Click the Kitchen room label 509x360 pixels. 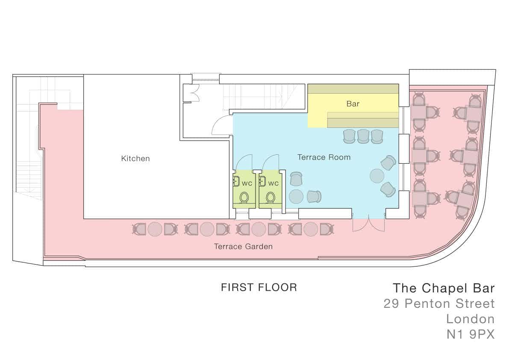point(135,159)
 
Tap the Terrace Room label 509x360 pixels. point(324,157)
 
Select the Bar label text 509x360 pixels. point(353,104)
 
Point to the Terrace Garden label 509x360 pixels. point(243,246)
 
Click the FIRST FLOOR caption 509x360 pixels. point(259,287)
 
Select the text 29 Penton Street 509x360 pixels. point(439,304)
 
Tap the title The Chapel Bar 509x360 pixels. point(444,288)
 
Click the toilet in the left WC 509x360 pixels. point(244,197)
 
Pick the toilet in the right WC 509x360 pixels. point(270,197)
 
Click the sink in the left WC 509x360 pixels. point(236,181)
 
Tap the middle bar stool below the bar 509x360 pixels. point(363,136)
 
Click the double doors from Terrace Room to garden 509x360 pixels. point(369,224)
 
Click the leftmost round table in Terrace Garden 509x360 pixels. point(155,229)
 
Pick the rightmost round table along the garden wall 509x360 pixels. point(311,229)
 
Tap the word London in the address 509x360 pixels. point(471,319)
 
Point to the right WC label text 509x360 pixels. point(274,183)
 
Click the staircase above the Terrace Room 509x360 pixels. point(264,96)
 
